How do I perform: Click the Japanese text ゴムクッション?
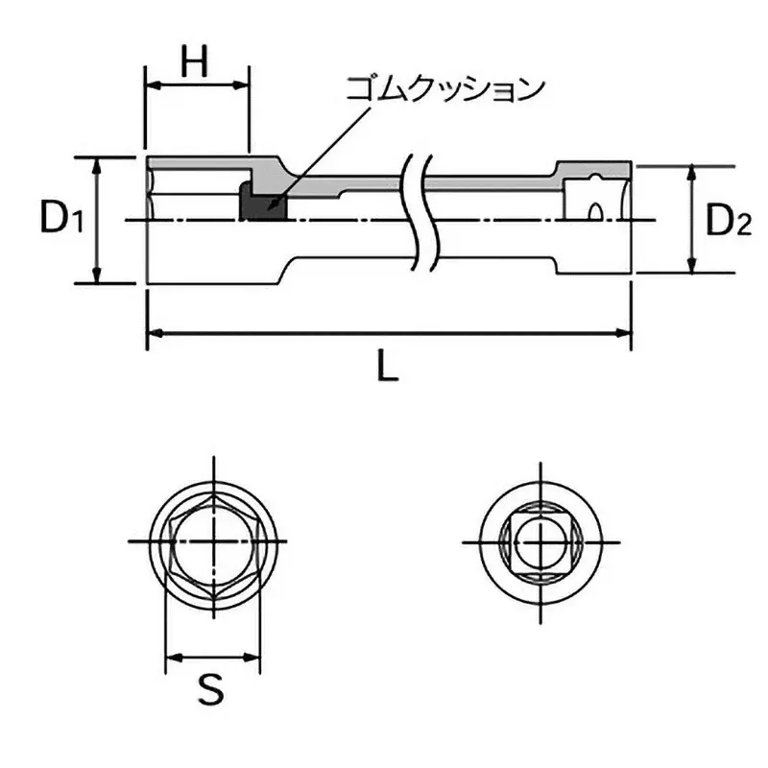445,89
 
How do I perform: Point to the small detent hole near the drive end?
596,208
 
